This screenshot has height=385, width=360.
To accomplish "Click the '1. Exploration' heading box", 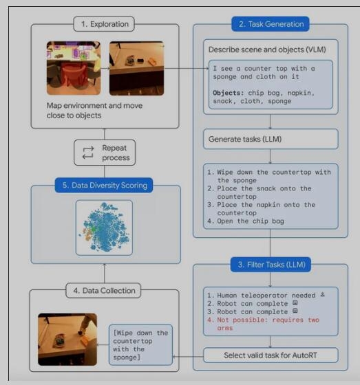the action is pyautogui.click(x=104, y=24).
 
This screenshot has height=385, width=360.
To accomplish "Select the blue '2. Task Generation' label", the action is pyautogui.click(x=271, y=24).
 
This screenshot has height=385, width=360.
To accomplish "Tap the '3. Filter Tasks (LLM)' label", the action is pyautogui.click(x=271, y=265).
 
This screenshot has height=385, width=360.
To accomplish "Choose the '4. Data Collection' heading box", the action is pyautogui.click(x=103, y=290).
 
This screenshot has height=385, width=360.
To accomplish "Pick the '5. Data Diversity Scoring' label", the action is pyautogui.click(x=104, y=185).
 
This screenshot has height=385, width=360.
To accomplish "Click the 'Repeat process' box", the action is pyautogui.click(x=105, y=153).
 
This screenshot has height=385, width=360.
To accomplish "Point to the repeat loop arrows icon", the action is pyautogui.click(x=88, y=153).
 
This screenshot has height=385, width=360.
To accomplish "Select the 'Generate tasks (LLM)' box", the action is pyautogui.click(x=271, y=139).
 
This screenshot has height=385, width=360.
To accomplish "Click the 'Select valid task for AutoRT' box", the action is pyautogui.click(x=271, y=355).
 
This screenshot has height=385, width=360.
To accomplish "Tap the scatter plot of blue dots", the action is pyautogui.click(x=104, y=228).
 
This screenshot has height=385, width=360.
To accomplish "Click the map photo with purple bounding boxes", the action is pyautogui.click(x=74, y=68).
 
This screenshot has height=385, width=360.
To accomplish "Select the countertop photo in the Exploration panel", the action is pyautogui.click(x=137, y=68).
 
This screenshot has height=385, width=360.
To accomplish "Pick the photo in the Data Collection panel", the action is pyautogui.click(x=67, y=340).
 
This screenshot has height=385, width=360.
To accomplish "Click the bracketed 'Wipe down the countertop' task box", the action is pyautogui.click(x=140, y=345).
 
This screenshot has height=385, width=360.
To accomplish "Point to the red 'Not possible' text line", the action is pyautogui.click(x=263, y=324).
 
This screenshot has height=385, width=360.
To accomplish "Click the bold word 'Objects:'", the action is pyautogui.click(x=229, y=93).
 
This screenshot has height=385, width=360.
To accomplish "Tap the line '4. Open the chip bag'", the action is pyautogui.click(x=246, y=221).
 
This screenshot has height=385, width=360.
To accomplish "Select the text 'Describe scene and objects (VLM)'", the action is pyautogui.click(x=267, y=49).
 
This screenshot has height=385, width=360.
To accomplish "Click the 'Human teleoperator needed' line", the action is pyautogui.click(x=266, y=296).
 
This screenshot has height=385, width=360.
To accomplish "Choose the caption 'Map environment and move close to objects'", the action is pyautogui.click(x=94, y=111).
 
